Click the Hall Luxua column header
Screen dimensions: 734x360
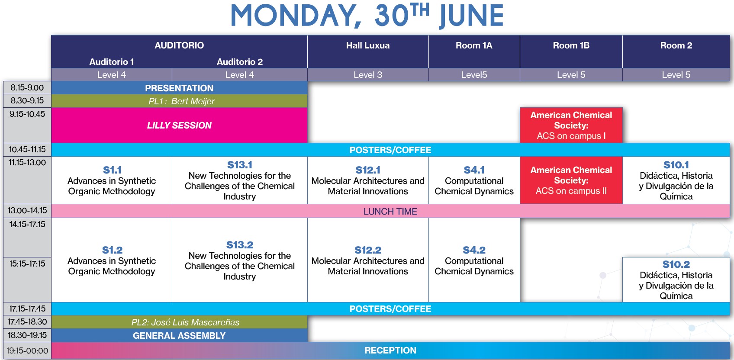[368, 45]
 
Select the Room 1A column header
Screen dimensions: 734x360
[474, 45]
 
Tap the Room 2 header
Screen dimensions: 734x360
[676, 45]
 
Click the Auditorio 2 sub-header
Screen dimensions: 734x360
[239, 61]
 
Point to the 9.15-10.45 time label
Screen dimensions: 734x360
[27, 114]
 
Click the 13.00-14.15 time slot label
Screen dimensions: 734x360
[27, 210]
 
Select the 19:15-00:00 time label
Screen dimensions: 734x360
[27, 350]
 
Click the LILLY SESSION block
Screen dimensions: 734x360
[179, 125]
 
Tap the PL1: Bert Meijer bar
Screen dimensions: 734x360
[179, 101]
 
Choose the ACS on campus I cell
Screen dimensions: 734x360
[571, 125]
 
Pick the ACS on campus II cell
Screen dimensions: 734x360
[571, 180]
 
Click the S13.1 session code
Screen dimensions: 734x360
[239, 165]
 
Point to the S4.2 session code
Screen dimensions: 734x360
[474, 250]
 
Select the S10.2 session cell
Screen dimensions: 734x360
[676, 280]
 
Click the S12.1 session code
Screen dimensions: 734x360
[368, 170]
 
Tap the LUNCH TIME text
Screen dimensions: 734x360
[390, 211]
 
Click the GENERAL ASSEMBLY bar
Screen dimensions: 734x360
[179, 335]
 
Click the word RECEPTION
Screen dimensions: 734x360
[390, 350]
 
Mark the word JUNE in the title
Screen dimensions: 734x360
[471, 16]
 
